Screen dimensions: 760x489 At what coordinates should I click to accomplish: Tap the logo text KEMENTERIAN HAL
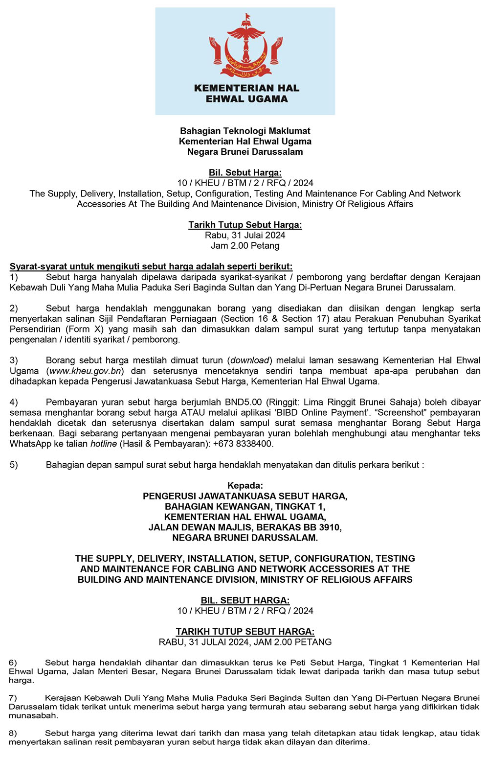coord(246,88)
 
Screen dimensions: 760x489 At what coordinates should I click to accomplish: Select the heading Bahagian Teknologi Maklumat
coord(245,131)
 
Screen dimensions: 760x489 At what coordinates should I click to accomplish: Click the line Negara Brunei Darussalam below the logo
coord(245,152)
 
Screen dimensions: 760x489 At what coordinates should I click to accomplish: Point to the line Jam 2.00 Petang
coord(245,246)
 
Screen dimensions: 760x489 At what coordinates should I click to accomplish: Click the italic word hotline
coord(104,444)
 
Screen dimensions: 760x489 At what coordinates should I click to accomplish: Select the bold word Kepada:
coord(245,486)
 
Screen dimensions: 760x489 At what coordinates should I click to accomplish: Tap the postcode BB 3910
coord(323,527)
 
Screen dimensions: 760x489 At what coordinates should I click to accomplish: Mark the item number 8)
coord(13,733)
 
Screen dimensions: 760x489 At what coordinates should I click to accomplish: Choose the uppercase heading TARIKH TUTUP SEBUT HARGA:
coord(245,632)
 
